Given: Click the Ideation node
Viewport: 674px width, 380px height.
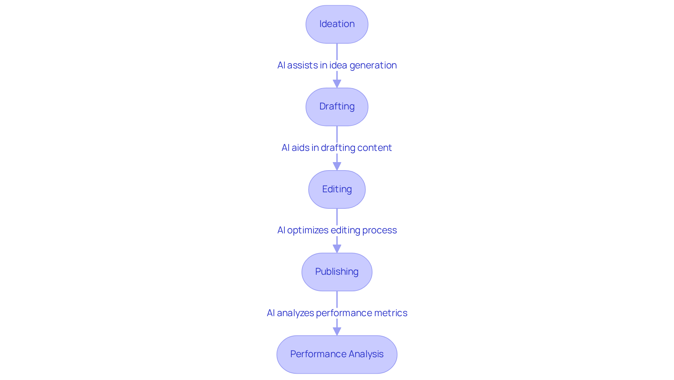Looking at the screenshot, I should (x=337, y=24).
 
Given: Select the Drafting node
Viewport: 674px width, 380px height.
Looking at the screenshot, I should (x=337, y=107).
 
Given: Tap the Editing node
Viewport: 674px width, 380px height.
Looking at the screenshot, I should (x=337, y=189).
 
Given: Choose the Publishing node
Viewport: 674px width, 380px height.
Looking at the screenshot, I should (x=337, y=272).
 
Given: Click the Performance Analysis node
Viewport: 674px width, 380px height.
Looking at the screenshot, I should (x=337, y=354).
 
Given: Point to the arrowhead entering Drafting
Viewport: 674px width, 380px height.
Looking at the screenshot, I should (x=337, y=84).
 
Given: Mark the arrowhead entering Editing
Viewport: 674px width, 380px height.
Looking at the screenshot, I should (x=337, y=166).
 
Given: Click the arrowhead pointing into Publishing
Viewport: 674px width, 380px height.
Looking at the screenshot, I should (x=337, y=249).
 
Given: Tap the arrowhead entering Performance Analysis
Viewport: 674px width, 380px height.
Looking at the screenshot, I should (x=337, y=331).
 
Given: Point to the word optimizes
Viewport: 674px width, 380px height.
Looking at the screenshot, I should (x=308, y=230).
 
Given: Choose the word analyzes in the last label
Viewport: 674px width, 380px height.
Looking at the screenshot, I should (x=295, y=313).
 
